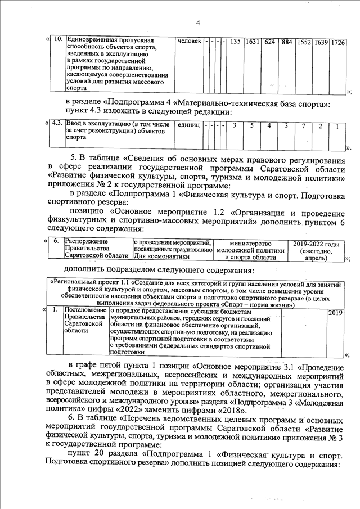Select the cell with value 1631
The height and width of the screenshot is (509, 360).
click(252, 42)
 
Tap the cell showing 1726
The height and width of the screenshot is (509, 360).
click(337, 42)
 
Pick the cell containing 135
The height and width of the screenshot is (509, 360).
click(235, 42)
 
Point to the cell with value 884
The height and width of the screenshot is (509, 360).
click(286, 42)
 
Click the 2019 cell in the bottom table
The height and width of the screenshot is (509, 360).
click(335, 312)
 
